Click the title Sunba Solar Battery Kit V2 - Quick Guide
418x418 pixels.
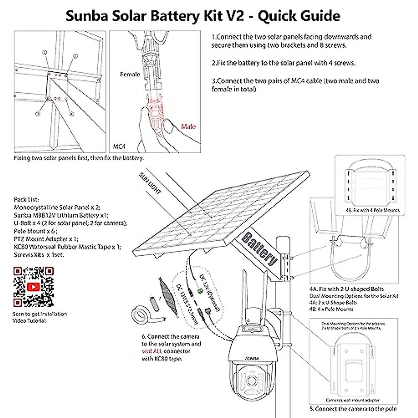pos(203,16)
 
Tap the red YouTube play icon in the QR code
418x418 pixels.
pos(33,287)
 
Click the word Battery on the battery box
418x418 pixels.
pos(260,249)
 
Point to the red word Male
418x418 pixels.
pos(188,126)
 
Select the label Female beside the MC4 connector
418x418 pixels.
pos(130,74)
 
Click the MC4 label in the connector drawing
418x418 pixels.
pos(119,147)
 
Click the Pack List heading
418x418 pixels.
pos(26,200)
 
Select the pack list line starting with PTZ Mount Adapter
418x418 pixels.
pos(46,239)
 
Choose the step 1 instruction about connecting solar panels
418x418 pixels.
pos(291,41)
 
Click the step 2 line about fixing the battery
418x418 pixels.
pos(284,63)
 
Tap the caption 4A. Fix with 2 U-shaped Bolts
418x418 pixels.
pos(346,289)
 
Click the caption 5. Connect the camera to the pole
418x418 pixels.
pos(353,409)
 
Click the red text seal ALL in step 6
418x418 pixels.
pos(152,351)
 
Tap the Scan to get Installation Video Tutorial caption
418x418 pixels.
pos(39,317)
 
